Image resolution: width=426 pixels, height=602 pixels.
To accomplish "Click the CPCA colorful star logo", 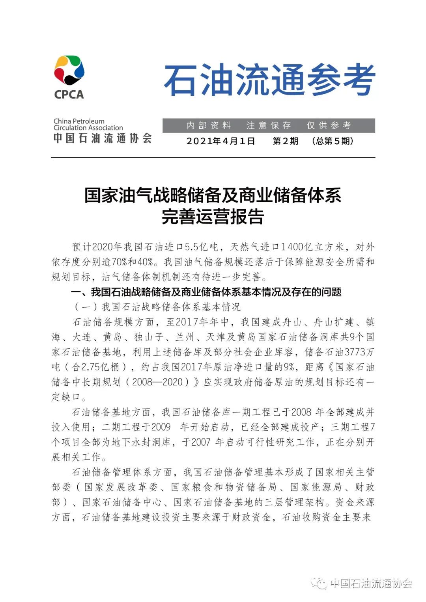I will [69, 70].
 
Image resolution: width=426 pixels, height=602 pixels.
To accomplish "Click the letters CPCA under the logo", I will [69, 95].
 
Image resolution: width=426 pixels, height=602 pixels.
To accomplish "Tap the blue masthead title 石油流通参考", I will [269, 80].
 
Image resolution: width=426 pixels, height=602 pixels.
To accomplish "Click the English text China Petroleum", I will [79, 121].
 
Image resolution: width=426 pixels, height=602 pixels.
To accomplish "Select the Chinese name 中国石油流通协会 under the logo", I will [103, 138].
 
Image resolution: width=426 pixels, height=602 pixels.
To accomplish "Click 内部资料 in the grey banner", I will [209, 125].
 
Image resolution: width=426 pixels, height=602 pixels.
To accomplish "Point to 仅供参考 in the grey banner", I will [329, 125].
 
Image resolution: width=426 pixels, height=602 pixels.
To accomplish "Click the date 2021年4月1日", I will [220, 141].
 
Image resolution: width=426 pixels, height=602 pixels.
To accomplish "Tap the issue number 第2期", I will [285, 141].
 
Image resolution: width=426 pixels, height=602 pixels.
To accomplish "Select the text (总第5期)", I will [332, 141].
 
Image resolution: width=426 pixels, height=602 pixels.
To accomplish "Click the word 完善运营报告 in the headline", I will [213, 216].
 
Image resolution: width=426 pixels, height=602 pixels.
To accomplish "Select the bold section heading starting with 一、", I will [206, 292].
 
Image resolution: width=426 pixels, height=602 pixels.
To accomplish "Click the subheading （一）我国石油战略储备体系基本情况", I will [157, 307].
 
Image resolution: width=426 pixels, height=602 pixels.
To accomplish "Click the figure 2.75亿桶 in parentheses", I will [100, 367].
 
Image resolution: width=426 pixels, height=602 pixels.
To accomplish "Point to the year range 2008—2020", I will [157, 382].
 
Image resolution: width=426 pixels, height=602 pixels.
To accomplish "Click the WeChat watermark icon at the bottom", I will [319, 583].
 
